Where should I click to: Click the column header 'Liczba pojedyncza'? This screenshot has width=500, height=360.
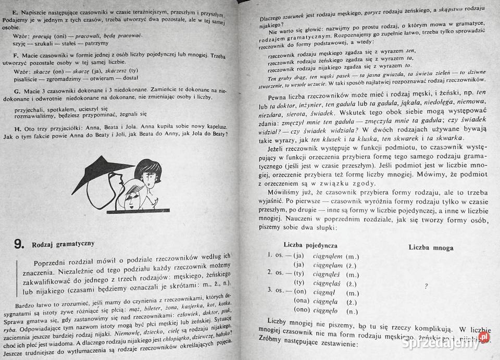coord(310,245)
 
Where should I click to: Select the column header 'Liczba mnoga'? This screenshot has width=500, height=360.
coord(430,247)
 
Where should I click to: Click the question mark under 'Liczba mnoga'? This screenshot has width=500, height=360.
coord(426,285)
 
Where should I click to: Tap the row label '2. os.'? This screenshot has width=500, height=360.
coord(276,272)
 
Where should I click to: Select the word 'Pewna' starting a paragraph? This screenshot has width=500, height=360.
coord(280,97)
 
